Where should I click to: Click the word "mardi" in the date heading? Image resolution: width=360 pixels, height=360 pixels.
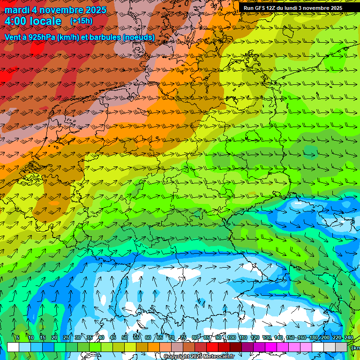point(17,10)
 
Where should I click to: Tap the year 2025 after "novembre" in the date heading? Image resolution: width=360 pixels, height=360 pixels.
point(93,10)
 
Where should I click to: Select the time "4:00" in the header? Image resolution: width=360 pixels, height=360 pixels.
point(16,21)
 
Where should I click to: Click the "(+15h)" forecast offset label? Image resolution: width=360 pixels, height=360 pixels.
point(81,21)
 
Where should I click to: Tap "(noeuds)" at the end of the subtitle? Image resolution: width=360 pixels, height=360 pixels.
point(139,37)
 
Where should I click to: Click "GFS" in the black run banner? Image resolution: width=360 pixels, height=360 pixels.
point(262,8)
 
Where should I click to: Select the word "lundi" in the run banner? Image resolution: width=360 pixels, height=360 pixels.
point(293,8)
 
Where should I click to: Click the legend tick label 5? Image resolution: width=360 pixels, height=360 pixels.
point(18,337)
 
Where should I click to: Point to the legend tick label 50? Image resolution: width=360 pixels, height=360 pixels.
point(125,337)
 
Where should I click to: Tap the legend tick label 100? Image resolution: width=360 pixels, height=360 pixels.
point(232,337)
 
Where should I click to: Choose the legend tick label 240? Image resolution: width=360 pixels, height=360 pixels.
point(349,337)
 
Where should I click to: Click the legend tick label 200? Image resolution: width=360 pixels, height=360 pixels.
point(325,337)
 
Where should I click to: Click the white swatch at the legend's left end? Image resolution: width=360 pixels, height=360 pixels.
point(13,347)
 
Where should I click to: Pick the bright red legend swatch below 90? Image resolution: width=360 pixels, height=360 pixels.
point(212,347)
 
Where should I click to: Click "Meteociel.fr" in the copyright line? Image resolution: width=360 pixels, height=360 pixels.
point(219,357)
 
